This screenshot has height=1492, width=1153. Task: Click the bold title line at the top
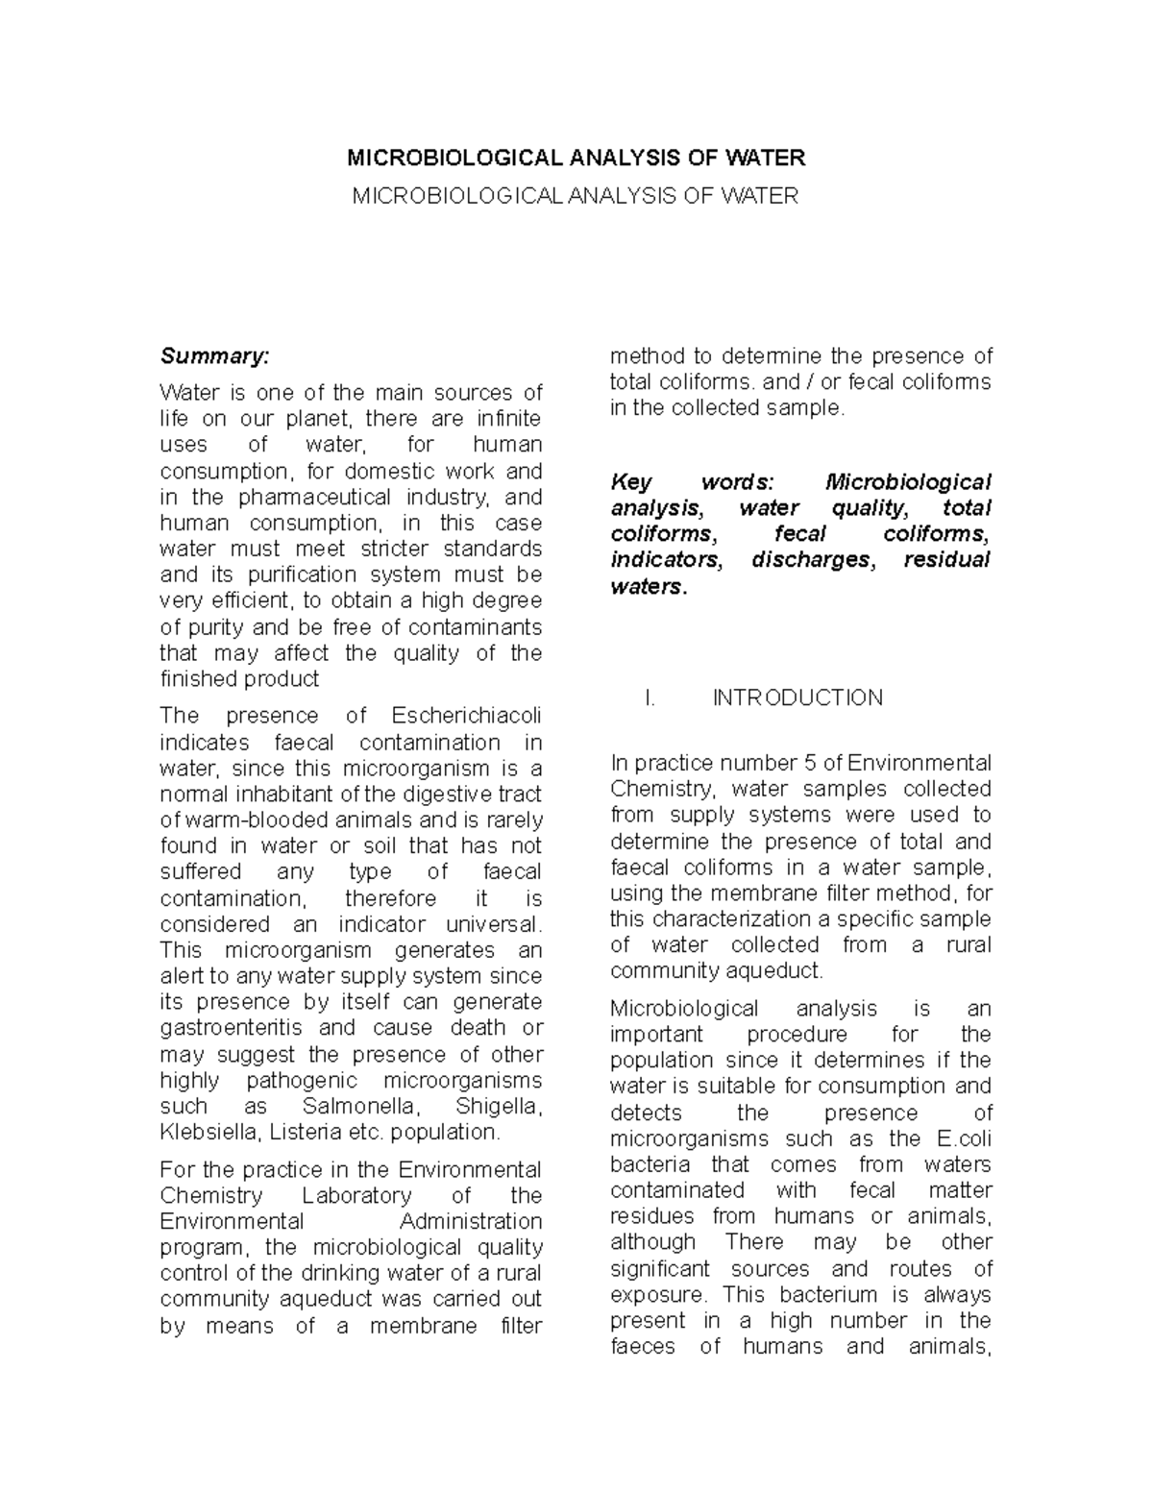(x=576, y=158)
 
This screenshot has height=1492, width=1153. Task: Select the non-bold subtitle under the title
(x=576, y=196)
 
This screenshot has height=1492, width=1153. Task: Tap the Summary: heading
(x=215, y=356)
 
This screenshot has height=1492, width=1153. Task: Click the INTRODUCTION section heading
(x=797, y=697)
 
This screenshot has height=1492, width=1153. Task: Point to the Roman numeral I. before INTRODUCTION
(x=650, y=697)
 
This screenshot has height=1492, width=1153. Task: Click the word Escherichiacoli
(x=467, y=716)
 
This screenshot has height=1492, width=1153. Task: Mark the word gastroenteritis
(x=231, y=1028)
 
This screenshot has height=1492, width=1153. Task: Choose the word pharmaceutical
(x=314, y=498)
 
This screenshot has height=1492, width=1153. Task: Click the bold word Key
(x=631, y=482)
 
